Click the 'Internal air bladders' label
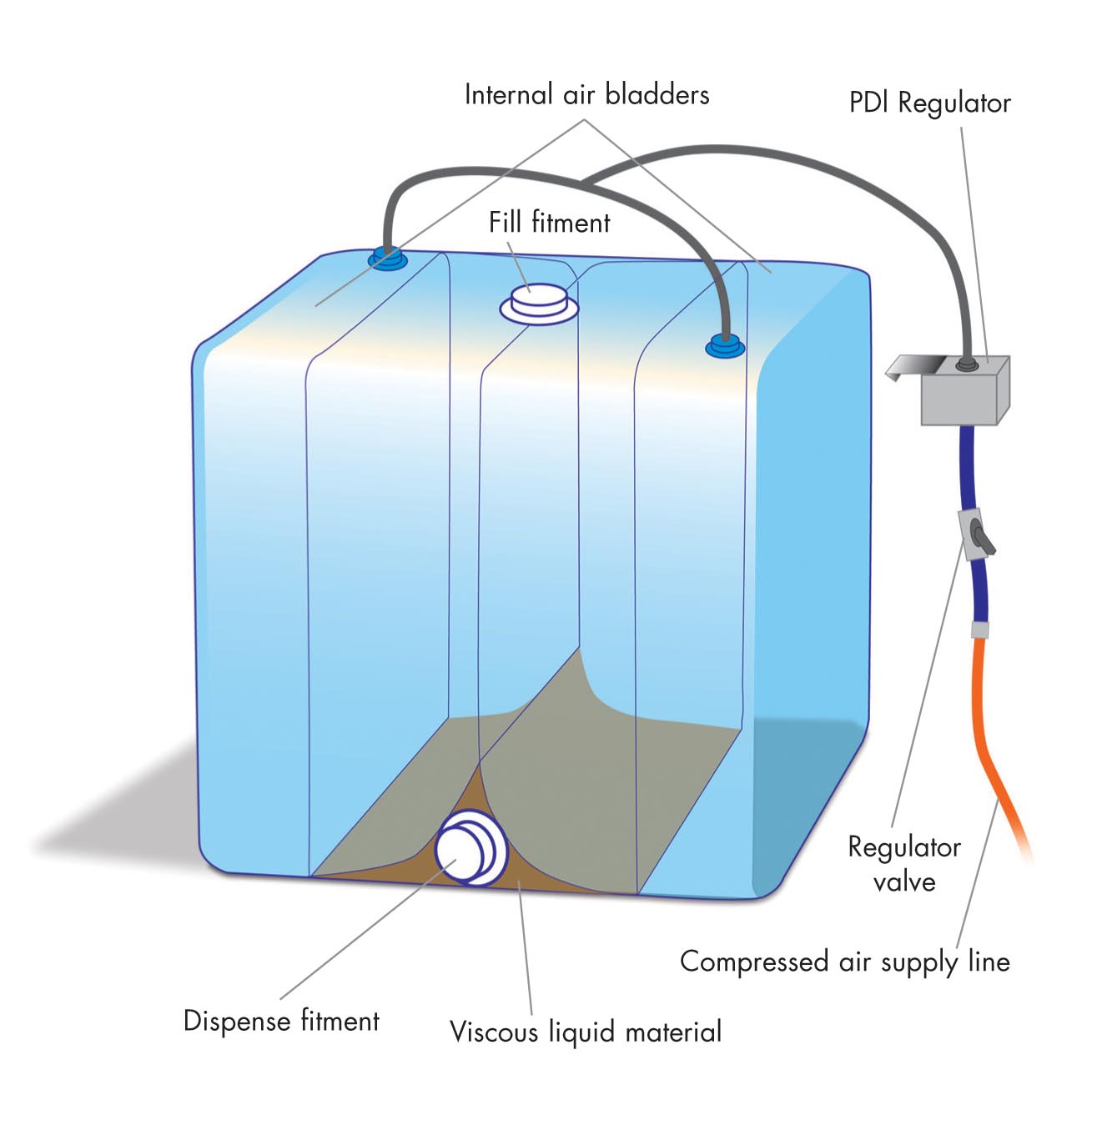coord(586,94)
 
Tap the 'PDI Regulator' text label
coord(929,103)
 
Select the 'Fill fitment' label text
coord(549,223)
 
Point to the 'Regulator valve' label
coord(904,864)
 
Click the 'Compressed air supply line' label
coord(844,962)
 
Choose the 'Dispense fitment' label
coord(281,1021)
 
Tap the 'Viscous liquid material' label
coord(585,1032)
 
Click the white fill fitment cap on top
coord(539,302)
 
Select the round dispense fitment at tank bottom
coord(470,848)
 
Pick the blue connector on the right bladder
coord(725,345)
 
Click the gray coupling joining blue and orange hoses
coord(980,629)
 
